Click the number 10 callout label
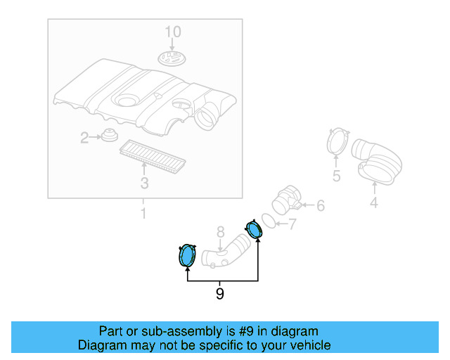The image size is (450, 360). [x=173, y=32]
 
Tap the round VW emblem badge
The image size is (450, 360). [x=172, y=58]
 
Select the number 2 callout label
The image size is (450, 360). [x=84, y=138]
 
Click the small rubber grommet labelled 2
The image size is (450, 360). [x=110, y=135]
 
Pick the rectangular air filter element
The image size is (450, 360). [x=153, y=157]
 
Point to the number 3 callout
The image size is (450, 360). [x=145, y=183]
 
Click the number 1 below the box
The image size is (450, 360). [x=143, y=214]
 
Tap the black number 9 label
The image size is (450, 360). [x=220, y=293]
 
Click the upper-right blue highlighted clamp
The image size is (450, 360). [x=254, y=229]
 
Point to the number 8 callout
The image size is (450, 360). [x=220, y=232]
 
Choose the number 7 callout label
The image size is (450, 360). [x=292, y=224]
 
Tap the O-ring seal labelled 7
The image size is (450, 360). [x=269, y=221]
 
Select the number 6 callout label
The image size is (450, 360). [x=321, y=206]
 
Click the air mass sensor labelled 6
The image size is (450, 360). [x=287, y=200]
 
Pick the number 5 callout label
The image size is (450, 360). [x=336, y=176]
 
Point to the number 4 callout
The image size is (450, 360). [x=374, y=202]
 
